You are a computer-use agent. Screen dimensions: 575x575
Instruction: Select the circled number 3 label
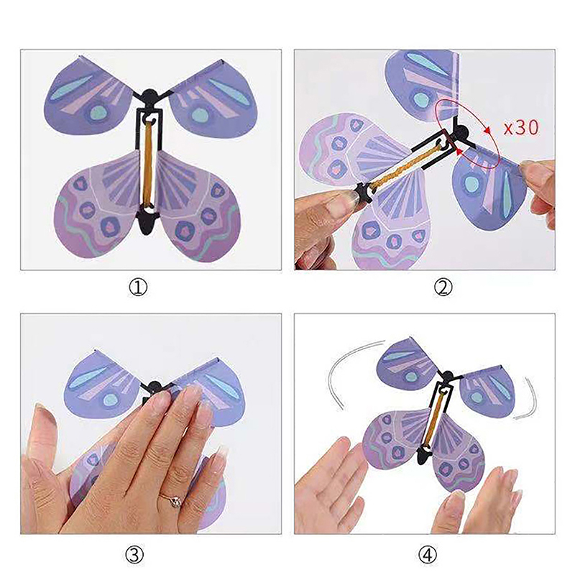[134, 555]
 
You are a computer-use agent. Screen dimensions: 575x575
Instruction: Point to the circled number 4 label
[428, 555]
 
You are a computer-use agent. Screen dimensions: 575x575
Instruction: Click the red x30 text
[521, 128]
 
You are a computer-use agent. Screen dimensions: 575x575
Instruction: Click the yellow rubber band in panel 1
[148, 165]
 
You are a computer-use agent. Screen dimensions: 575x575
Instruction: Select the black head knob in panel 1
[149, 98]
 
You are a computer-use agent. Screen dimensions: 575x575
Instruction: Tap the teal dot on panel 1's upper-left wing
[97, 113]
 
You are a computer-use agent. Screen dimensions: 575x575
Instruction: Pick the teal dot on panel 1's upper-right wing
[200, 114]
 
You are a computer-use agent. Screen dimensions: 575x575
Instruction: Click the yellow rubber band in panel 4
[436, 418]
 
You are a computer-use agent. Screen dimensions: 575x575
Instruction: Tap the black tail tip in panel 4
[423, 456]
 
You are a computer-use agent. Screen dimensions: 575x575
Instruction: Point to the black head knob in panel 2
[461, 132]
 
